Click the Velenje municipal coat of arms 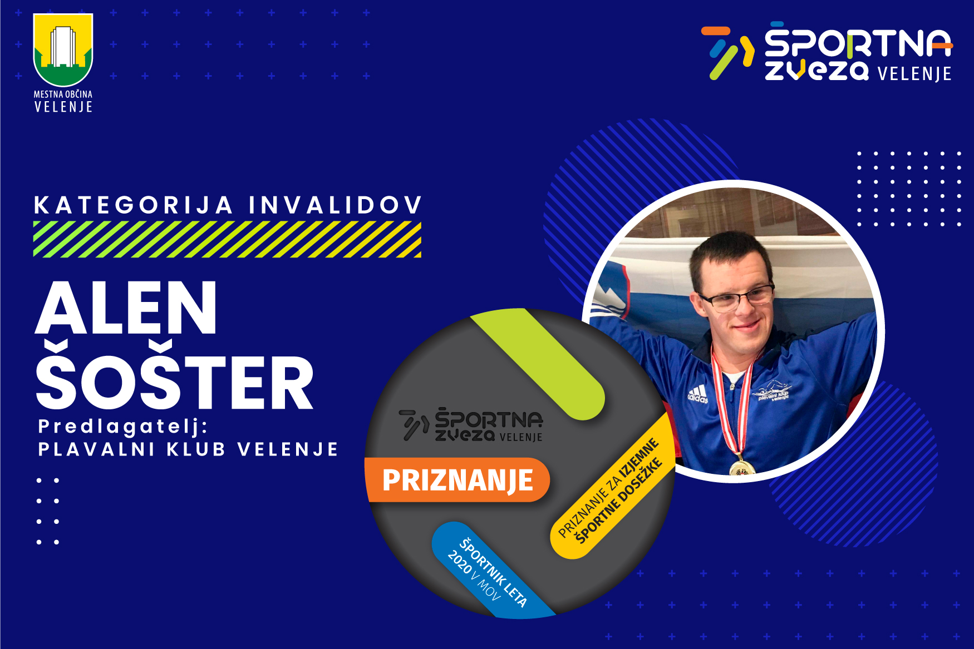63,50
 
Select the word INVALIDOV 336,205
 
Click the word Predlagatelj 122,427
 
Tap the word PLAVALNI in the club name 96,449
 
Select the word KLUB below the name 196,449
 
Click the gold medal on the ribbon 742,468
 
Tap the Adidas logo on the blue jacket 698,394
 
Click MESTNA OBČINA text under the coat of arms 63,95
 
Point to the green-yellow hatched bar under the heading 227,239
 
